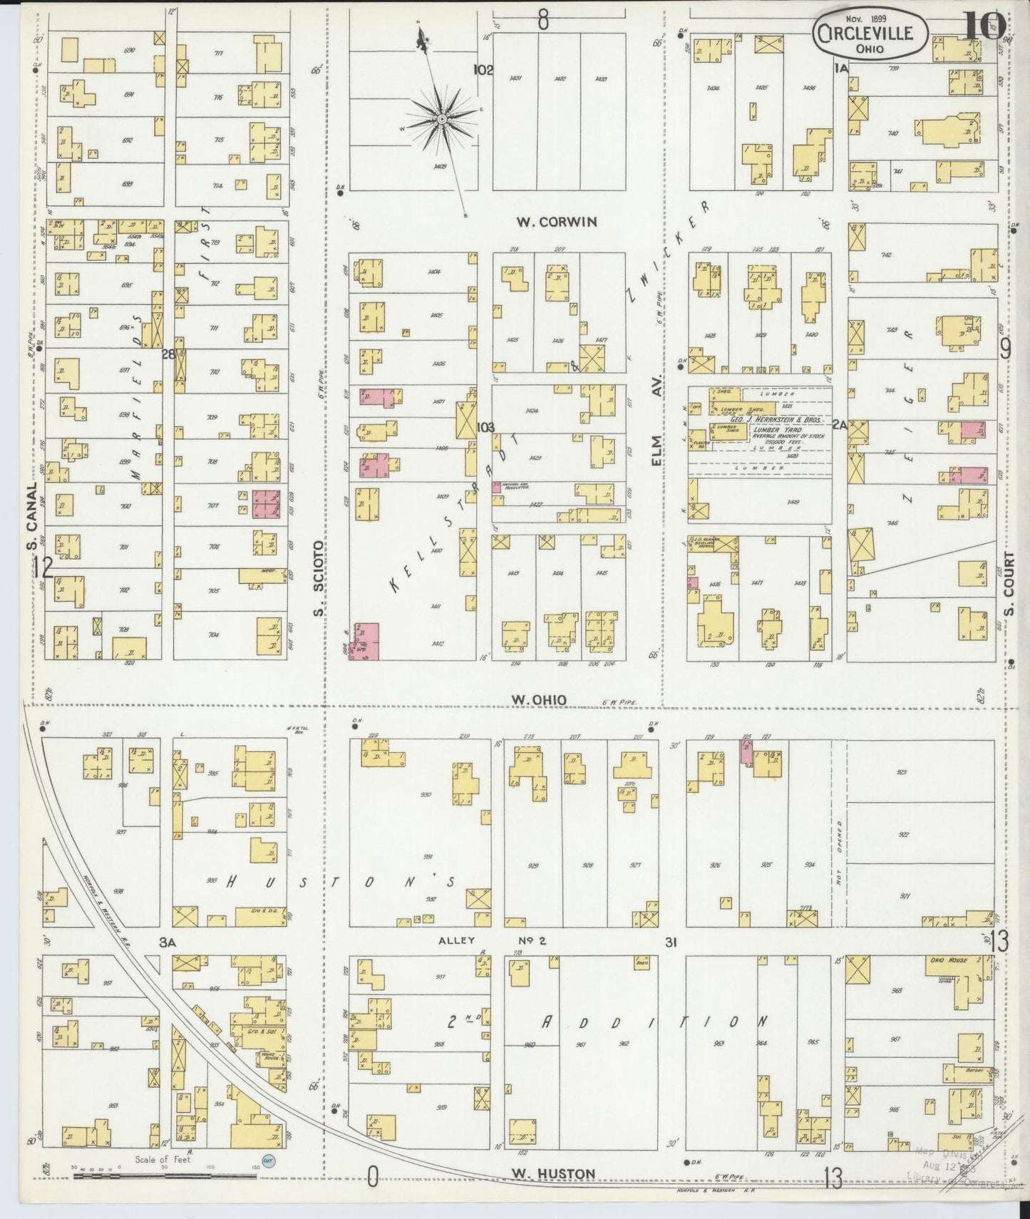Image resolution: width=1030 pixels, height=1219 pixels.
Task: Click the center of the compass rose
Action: tap(441, 118)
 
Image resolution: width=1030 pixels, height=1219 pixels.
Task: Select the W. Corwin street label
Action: tap(557, 222)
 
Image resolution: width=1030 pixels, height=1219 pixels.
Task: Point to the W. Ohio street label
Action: tap(539, 700)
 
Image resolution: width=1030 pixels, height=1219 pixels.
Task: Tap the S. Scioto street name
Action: tap(319, 577)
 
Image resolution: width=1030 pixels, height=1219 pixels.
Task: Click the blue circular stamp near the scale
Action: tap(269, 1161)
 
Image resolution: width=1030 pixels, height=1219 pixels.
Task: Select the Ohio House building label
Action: tap(947, 960)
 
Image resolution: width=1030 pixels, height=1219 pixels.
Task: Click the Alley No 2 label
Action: tap(492, 941)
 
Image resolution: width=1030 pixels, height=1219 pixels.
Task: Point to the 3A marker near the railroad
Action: tap(168, 942)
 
